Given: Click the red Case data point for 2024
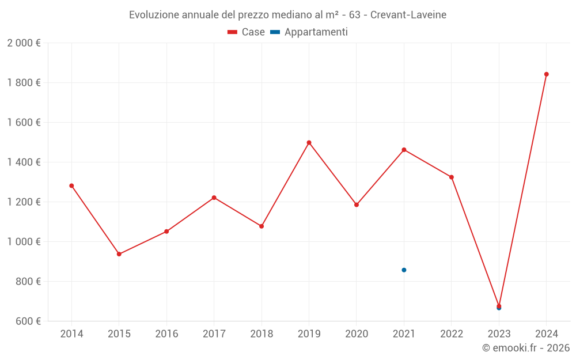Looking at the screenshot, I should click(546, 74).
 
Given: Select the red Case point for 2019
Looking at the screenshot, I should click(309, 142).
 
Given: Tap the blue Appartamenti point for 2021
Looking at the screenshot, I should click(404, 270).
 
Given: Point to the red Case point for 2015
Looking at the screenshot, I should click(119, 254).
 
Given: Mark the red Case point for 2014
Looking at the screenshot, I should click(71, 185).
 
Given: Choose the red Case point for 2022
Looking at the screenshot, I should click(452, 177).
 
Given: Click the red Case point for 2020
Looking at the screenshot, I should click(357, 204).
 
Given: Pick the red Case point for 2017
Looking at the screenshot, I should click(214, 198).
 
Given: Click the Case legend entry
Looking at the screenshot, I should click(247, 32).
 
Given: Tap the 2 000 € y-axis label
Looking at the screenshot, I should click(24, 43).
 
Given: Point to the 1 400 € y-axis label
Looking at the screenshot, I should click(24, 162).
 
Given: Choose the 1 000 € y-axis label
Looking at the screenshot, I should click(24, 242).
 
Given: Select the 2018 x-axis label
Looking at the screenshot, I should click(262, 334).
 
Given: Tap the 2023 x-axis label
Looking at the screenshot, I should click(499, 334).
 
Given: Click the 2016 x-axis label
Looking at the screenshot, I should click(166, 334).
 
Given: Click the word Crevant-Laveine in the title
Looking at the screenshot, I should click(408, 15).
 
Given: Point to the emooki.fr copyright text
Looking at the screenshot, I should click(526, 348).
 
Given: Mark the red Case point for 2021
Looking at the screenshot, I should click(404, 150).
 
